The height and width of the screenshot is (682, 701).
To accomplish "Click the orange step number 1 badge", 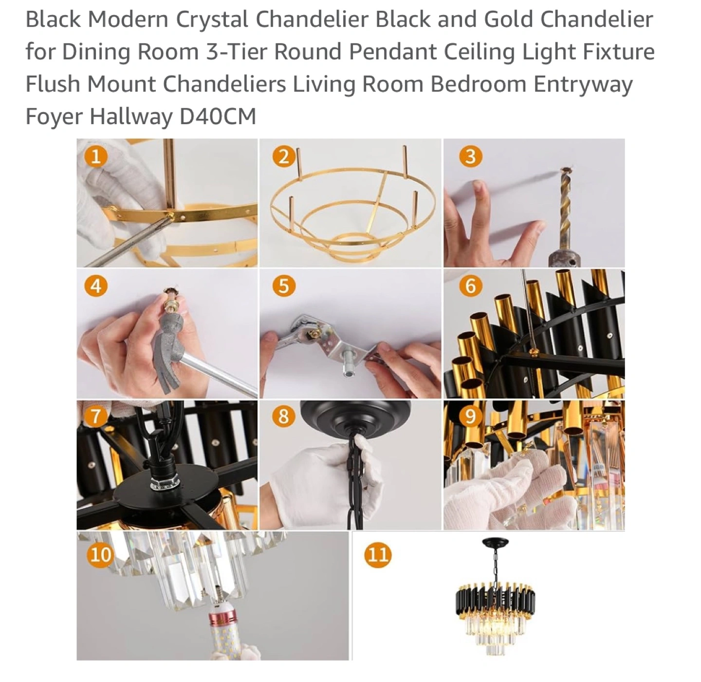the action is coord(95,156).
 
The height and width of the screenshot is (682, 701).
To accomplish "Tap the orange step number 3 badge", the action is coord(470,156).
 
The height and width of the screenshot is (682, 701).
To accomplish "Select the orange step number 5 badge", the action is coord(284,286).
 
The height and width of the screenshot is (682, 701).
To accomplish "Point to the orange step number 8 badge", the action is coord(283,417).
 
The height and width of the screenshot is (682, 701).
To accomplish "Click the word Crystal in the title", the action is coord(212,20).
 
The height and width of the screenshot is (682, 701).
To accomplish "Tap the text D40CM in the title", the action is coord(218,116).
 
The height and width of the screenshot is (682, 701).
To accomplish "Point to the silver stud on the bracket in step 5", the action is coord(349,363).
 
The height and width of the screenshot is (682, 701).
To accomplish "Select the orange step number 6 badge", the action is coord(470,286).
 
